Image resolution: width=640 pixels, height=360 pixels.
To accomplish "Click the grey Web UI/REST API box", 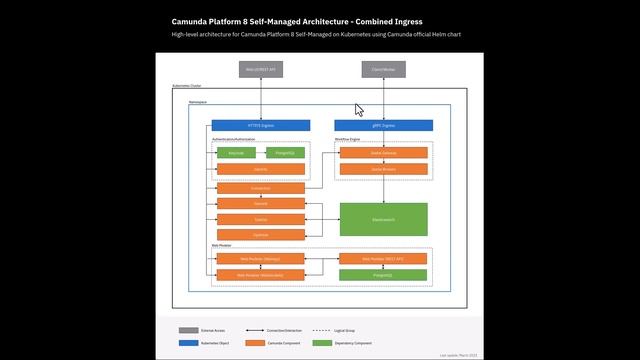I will (x=261, y=70).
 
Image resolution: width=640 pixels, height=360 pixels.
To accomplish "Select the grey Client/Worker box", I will (x=383, y=70).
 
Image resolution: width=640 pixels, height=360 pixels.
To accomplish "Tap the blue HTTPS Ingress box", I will (x=261, y=126).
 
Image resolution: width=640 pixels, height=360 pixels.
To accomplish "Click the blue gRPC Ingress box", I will (x=384, y=126).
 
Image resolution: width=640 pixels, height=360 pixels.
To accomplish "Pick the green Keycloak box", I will (x=236, y=153).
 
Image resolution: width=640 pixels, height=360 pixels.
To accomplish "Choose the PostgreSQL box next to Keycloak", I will (x=286, y=153).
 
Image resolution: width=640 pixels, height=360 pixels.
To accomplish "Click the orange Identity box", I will (x=261, y=169).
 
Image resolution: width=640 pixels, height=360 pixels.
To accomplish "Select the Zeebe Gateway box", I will (x=384, y=153).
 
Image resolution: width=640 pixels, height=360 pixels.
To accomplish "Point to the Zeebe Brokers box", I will (x=384, y=169).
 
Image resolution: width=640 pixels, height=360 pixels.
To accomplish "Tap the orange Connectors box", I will (x=261, y=188).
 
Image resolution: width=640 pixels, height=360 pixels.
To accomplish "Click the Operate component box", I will (x=261, y=203).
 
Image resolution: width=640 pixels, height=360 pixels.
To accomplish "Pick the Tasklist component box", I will (x=261, y=218).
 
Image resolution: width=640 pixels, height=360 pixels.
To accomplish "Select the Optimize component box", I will (x=261, y=234).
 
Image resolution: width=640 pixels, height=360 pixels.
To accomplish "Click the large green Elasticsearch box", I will (x=384, y=219).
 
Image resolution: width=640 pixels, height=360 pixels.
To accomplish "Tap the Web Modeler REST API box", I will (x=384, y=258).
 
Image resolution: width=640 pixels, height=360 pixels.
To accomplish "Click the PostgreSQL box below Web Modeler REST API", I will (x=384, y=274).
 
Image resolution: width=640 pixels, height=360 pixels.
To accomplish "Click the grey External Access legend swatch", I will (x=188, y=329).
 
